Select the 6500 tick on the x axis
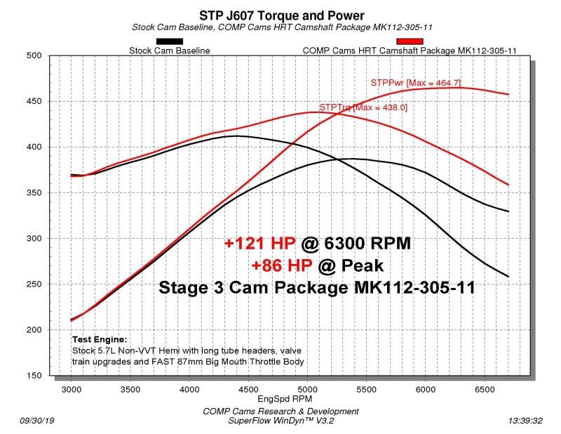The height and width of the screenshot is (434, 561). click(485, 388)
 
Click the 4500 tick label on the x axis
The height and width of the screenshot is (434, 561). click(248, 388)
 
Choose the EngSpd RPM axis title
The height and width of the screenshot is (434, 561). click(281, 398)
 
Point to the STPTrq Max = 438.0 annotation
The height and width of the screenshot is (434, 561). click(363, 107)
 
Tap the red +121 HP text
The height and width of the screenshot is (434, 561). click(260, 243)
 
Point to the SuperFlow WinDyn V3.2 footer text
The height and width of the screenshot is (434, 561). click(280, 421)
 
